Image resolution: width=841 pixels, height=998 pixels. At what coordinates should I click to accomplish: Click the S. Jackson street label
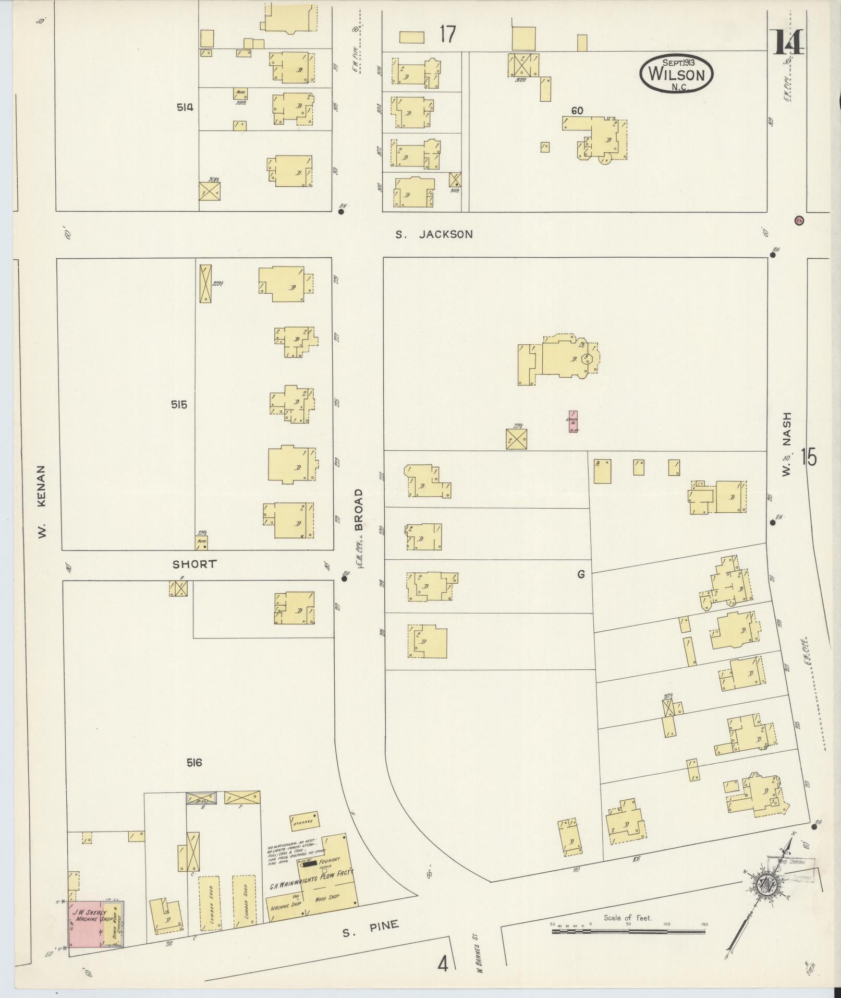434,235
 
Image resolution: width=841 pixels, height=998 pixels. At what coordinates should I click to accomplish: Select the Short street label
194,564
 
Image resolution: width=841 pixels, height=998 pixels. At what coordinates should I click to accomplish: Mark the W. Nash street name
786,443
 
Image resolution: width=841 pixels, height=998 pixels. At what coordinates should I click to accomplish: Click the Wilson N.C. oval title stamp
676,74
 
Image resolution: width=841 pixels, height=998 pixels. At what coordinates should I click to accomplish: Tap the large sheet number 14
788,43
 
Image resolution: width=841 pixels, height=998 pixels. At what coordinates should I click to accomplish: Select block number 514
185,107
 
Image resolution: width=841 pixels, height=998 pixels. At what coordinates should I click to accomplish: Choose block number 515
178,404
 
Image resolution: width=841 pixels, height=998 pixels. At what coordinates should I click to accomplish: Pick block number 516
194,763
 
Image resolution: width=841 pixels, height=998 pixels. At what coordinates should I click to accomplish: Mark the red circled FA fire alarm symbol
799,220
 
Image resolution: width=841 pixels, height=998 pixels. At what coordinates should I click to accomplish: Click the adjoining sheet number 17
447,34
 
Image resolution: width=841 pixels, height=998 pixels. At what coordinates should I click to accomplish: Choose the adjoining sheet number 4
443,965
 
